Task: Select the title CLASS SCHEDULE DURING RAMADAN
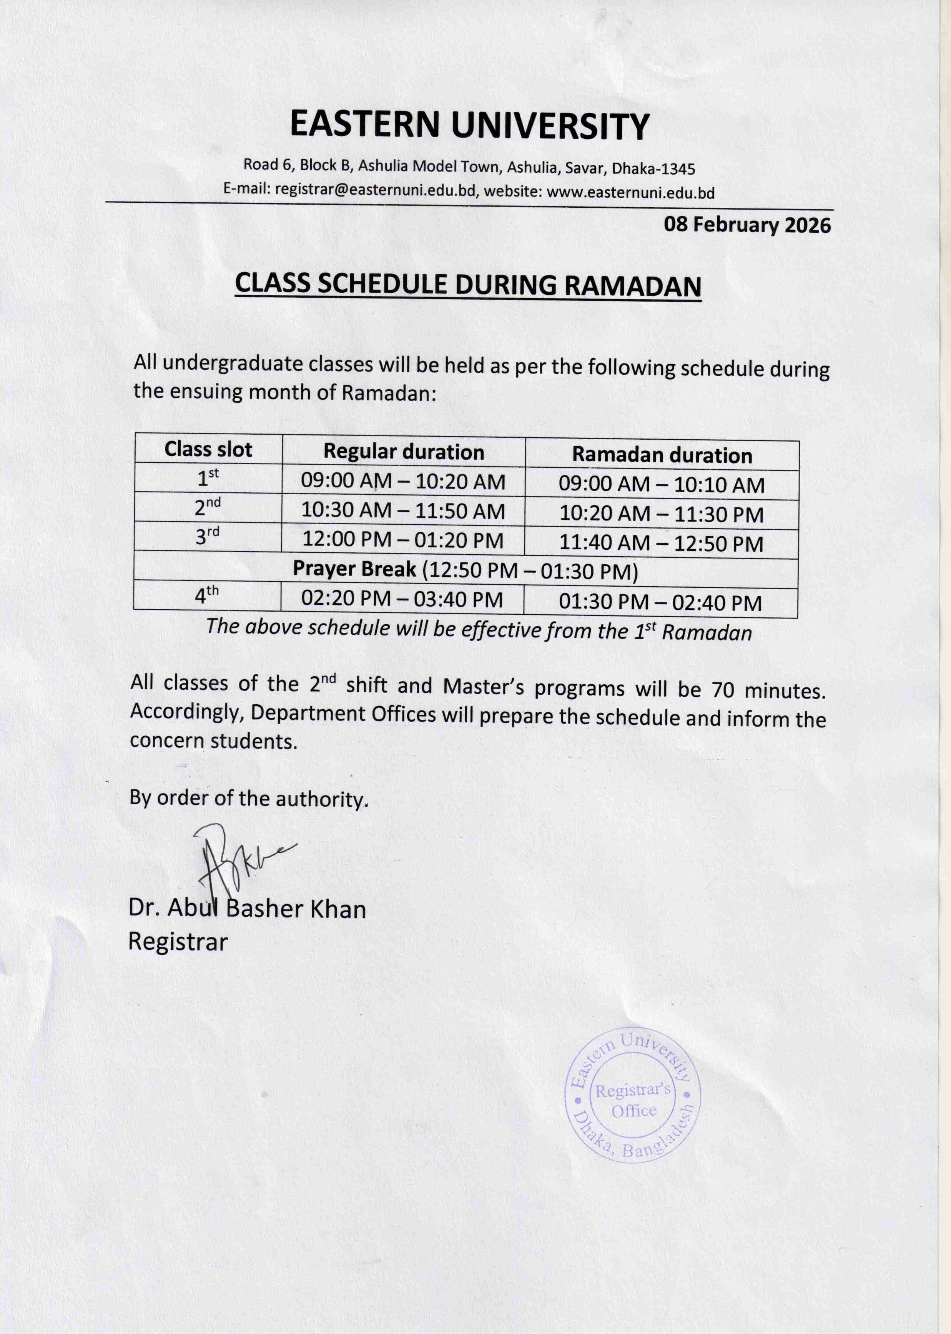click(468, 285)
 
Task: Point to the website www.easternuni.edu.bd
click(631, 192)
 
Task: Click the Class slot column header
click(208, 449)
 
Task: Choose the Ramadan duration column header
click(662, 455)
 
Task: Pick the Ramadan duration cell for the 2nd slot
click(661, 514)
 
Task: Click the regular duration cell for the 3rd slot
click(403, 540)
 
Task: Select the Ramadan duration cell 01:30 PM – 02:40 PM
click(660, 603)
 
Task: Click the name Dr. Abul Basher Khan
click(247, 909)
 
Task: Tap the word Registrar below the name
click(178, 942)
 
